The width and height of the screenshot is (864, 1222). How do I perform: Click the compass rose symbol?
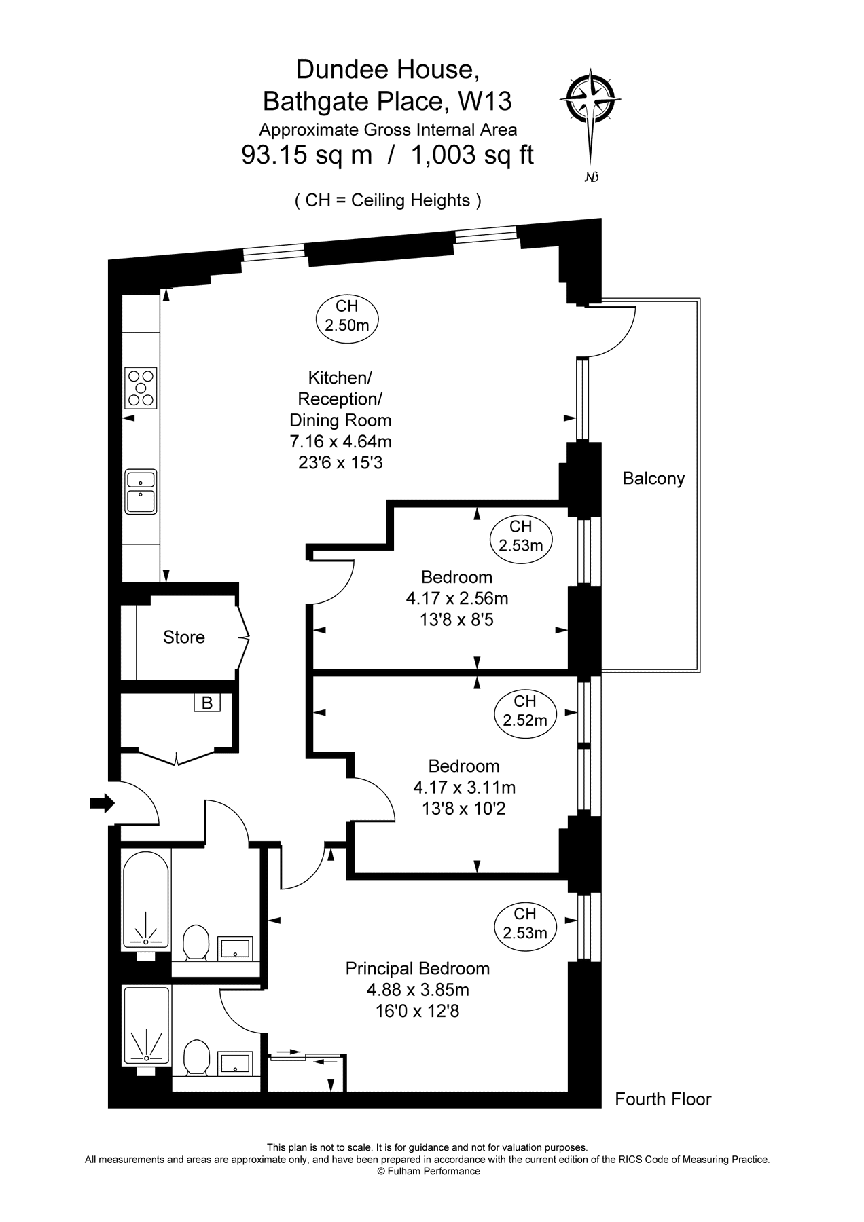pos(590,100)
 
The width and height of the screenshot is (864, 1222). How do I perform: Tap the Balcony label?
pos(653,479)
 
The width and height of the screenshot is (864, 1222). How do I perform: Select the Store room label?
pos(183,637)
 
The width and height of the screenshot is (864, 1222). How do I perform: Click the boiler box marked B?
pos(206,703)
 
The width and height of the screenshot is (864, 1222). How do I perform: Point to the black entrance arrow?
pos(102,803)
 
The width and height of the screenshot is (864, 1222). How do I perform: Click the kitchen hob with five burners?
pos(141,388)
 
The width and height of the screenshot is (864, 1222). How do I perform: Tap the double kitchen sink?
pos(141,492)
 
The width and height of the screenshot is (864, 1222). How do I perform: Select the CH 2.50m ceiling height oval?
pos(346,316)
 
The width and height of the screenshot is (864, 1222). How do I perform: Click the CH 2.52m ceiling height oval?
pos(524,711)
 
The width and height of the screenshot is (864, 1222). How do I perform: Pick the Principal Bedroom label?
pos(417,969)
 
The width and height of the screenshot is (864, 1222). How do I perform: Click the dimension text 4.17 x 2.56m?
pos(456,599)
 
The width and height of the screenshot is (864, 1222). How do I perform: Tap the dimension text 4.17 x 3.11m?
pos(464,788)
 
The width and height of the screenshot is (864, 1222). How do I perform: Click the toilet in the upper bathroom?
pos(196,942)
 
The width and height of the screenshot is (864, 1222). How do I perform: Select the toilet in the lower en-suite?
pos(196,1057)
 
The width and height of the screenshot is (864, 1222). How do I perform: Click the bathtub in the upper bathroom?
pos(145,900)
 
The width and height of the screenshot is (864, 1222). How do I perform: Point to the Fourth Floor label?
pos(663,1099)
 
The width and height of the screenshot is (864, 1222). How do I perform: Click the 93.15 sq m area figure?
pos(307,155)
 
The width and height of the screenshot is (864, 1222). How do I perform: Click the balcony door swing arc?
pos(615,333)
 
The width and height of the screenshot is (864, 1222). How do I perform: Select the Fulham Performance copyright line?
pos(428,1171)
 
